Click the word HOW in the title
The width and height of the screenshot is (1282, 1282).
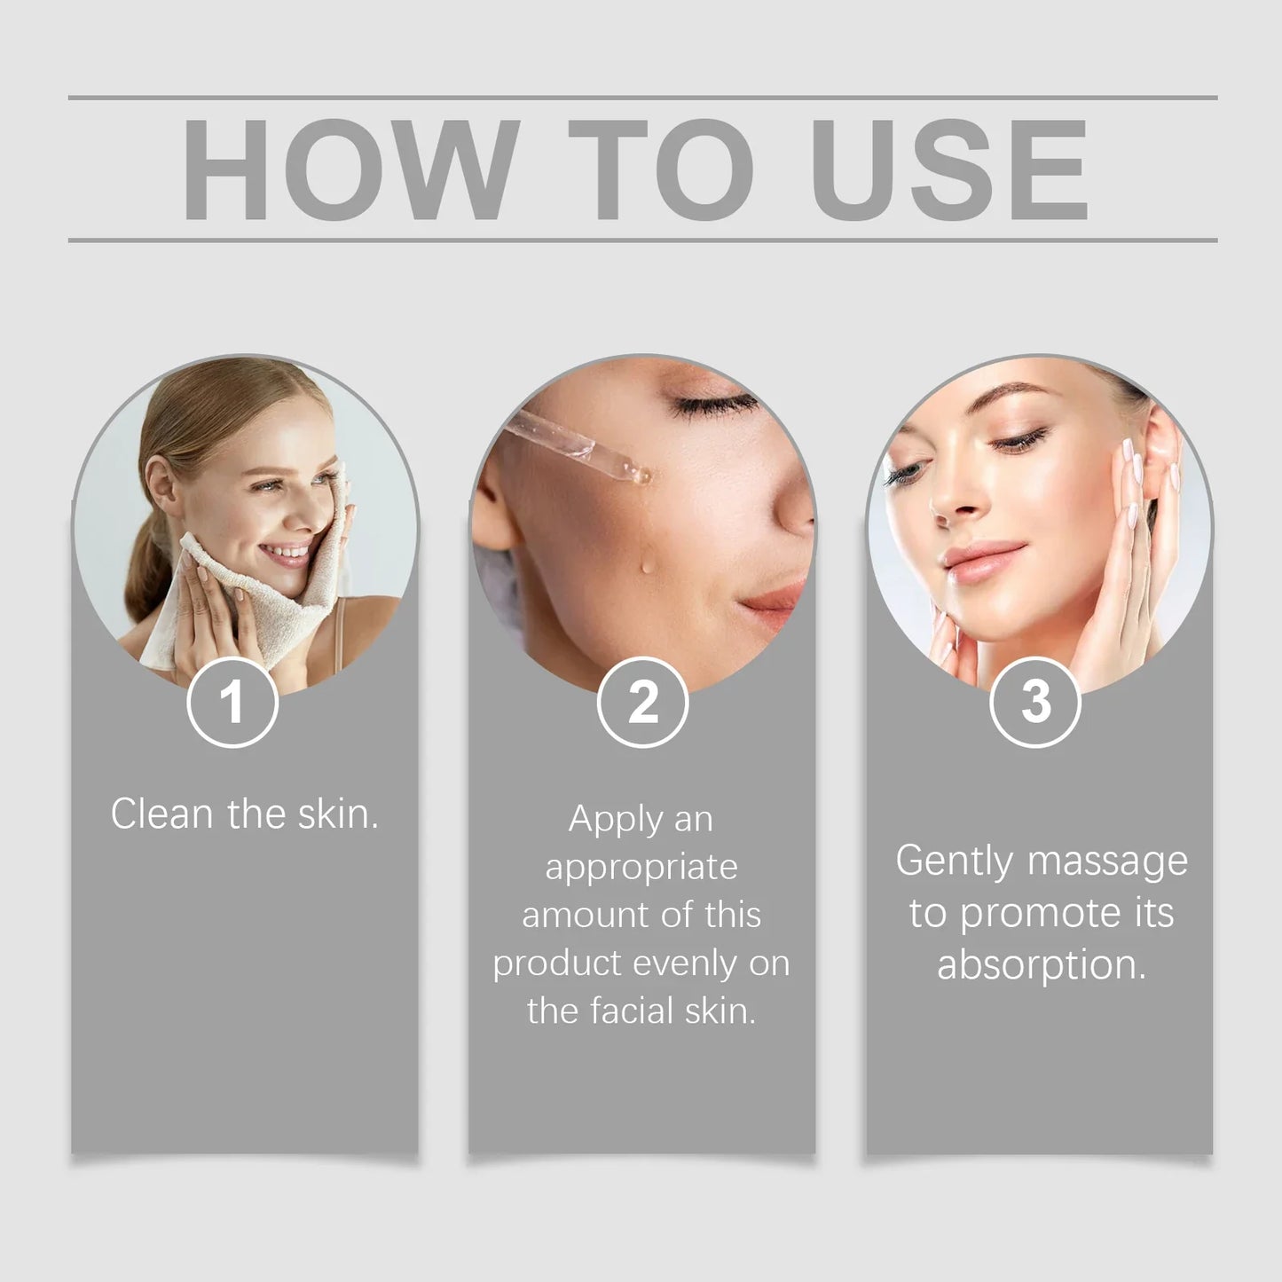coord(350,169)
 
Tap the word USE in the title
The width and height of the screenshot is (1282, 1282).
coord(950,169)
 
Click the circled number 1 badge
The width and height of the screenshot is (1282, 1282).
coord(232,703)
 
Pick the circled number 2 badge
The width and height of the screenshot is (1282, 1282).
coord(642,703)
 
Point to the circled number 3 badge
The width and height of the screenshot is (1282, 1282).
coord(1035,703)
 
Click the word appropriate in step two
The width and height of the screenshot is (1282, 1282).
coord(641,869)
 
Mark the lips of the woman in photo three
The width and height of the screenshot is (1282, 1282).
coord(982,560)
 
